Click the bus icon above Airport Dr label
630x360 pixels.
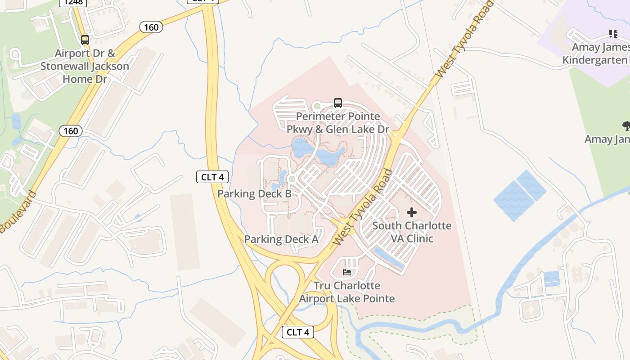tap(85, 40)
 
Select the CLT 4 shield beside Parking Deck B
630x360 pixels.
tap(212, 177)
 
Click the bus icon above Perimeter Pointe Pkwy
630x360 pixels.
tap(338, 103)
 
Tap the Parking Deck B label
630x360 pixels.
tap(254, 194)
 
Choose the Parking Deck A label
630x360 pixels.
tap(281, 239)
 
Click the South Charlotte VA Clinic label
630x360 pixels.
tap(412, 232)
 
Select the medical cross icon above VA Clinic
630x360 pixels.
tap(412, 212)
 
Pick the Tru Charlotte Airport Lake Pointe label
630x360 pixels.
tap(347, 292)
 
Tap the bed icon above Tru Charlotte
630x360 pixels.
tap(347, 272)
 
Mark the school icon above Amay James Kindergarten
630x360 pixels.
tap(613, 34)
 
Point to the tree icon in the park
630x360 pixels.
tap(626, 126)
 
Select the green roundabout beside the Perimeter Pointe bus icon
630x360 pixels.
tap(317, 106)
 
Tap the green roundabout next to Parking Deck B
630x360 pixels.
tap(292, 179)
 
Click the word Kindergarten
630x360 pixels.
tap(594, 60)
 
